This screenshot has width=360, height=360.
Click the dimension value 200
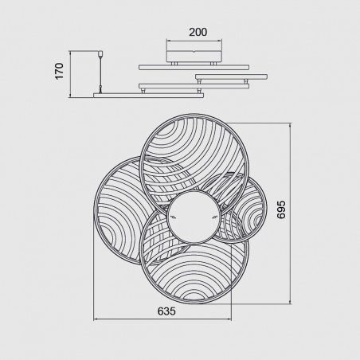[x=198, y=32]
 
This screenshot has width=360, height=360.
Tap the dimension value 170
[x=60, y=71]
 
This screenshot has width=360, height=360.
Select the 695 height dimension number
[x=281, y=209]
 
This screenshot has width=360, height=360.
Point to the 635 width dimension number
[x=166, y=311]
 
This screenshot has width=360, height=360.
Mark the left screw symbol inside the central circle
[x=174, y=217]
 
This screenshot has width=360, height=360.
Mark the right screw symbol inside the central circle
[x=214, y=217]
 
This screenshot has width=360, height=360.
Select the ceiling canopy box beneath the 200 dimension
[x=194, y=56]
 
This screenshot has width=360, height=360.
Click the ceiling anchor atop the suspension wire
[x=100, y=53]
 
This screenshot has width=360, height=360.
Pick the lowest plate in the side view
[x=148, y=96]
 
